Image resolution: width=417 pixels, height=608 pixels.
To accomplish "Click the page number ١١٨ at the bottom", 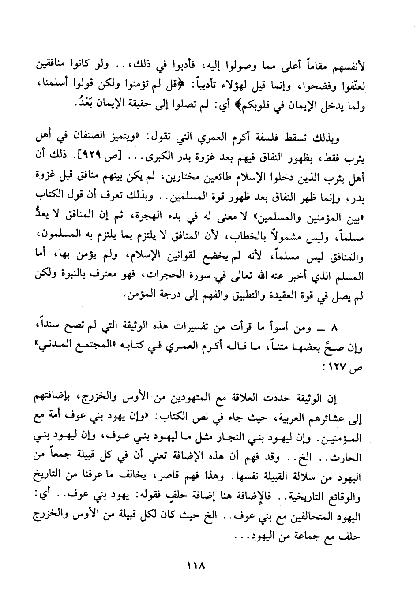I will (197, 566).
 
